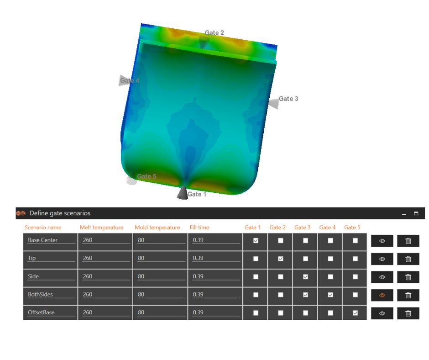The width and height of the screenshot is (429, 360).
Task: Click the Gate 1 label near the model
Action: [x=197, y=194]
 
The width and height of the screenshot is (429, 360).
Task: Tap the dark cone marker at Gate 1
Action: [x=183, y=193]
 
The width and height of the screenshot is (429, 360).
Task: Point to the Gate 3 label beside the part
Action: [x=288, y=99]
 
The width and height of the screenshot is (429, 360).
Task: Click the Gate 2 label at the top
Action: [x=214, y=33]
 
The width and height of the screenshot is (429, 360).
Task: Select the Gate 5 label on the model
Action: [x=146, y=176]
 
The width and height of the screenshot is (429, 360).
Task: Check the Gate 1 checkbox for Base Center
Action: [x=256, y=241]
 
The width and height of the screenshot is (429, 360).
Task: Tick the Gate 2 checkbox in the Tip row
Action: [x=281, y=259]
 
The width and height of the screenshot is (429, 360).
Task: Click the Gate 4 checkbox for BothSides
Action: [x=330, y=295]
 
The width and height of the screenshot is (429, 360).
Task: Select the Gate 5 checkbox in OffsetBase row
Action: [x=356, y=313]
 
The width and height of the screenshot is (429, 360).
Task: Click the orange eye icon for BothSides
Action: [x=382, y=295]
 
